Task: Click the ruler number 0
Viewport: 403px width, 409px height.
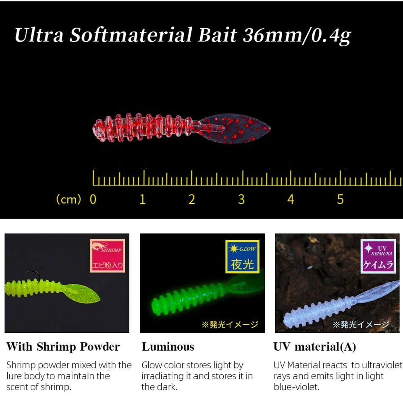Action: point(93,199)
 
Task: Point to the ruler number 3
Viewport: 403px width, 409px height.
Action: point(241,199)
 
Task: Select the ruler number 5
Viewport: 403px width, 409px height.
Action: point(340,199)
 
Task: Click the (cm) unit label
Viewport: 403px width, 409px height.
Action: point(69,199)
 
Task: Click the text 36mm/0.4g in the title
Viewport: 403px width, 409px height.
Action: point(297,35)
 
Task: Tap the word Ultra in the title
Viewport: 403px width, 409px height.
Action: point(39,35)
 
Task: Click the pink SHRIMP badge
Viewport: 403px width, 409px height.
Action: point(108,256)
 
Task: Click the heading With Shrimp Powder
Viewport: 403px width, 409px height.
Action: point(63,347)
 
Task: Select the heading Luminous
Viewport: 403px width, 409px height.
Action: point(168,347)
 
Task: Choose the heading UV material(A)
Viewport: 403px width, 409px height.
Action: point(314,347)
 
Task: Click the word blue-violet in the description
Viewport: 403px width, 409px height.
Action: point(296,387)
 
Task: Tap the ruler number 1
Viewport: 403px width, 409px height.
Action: point(142,199)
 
